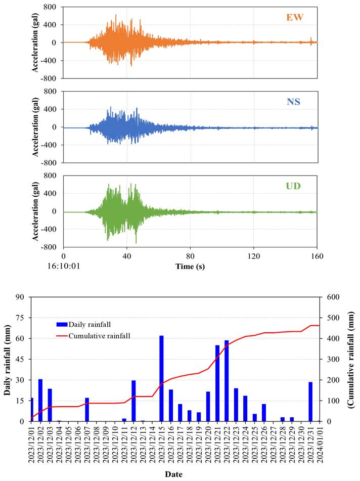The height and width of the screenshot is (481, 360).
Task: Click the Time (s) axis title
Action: tap(191, 266)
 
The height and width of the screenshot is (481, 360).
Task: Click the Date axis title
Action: tap(174, 474)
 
